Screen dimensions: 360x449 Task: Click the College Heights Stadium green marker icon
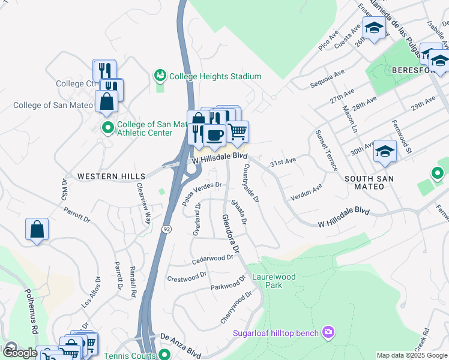[160, 76]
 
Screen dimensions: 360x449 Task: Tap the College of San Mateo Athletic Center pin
[108, 128]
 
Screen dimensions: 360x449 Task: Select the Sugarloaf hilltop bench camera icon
[328, 332]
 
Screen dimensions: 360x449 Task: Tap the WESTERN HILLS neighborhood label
[112, 176]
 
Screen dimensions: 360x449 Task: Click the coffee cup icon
[214, 134]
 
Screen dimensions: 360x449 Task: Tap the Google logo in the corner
[19, 353]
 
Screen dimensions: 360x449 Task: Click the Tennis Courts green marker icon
[163, 356]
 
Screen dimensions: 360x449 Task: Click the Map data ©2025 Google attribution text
[412, 355]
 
